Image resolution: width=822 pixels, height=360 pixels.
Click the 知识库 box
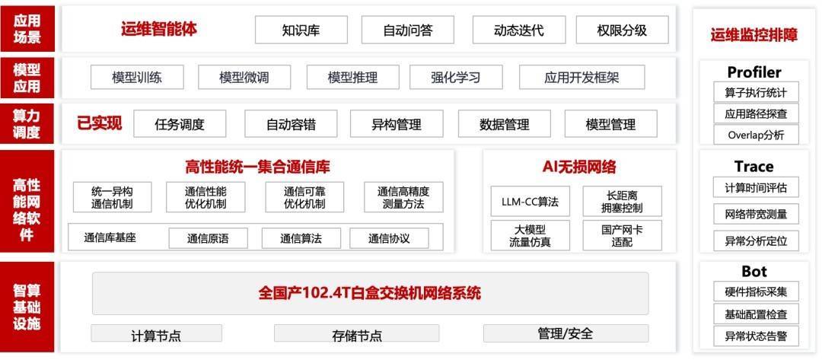click(301, 30)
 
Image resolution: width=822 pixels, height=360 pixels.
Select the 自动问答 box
click(407, 30)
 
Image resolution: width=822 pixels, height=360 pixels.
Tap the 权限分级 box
click(622, 30)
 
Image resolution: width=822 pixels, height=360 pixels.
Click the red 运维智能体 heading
click(158, 30)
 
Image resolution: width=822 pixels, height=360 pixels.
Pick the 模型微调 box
click(244, 77)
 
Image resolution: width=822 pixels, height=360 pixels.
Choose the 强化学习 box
click(455, 77)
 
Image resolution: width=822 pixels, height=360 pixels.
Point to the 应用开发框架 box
click(581, 77)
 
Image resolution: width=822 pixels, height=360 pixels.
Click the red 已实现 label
click(100, 123)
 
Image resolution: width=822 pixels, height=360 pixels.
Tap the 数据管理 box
click(504, 124)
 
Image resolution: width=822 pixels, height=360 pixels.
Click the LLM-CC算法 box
click(530, 202)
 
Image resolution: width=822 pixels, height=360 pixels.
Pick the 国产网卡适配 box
click(621, 235)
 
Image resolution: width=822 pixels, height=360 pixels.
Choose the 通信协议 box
click(389, 238)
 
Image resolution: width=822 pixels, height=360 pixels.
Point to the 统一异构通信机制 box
click(113, 197)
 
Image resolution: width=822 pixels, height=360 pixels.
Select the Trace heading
click(753, 166)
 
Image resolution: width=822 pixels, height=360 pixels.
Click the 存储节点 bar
click(356, 334)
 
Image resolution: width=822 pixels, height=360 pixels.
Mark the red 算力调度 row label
click(27, 123)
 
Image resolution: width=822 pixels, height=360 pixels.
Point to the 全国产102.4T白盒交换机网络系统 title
click(370, 293)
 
